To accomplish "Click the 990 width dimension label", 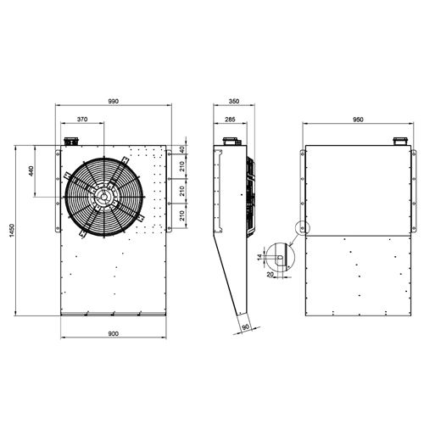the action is click(x=114, y=101).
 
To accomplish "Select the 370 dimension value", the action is click(x=82, y=120).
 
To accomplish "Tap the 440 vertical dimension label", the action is click(x=31, y=171).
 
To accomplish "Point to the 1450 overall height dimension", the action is click(x=12, y=231).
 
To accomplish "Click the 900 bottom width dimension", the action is click(x=114, y=334).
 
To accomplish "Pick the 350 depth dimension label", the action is click(x=234, y=101).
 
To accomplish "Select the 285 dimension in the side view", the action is click(x=230, y=120).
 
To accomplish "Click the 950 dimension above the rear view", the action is click(x=358, y=120).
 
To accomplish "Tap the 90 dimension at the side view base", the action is click(x=246, y=326).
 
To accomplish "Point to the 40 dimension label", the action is click(x=182, y=149).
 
